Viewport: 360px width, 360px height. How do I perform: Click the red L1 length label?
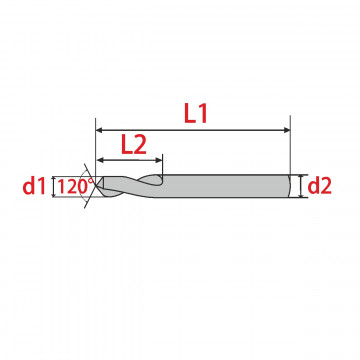coord(196,114)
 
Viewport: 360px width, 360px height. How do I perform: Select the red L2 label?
coord(134,145)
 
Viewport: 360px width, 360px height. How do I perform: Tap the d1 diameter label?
coord(33,187)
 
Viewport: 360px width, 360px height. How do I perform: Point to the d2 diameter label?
coord(319,187)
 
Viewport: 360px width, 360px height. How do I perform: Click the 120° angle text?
coord(73,186)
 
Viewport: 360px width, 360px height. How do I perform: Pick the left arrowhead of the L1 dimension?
coord(99,130)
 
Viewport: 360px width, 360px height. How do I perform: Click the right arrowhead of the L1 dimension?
coord(287,130)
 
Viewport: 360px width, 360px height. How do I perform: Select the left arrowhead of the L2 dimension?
coord(100,160)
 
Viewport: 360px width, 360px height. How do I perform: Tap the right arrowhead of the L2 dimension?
coord(159,160)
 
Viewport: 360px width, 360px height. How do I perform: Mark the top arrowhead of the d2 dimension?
coord(302,177)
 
